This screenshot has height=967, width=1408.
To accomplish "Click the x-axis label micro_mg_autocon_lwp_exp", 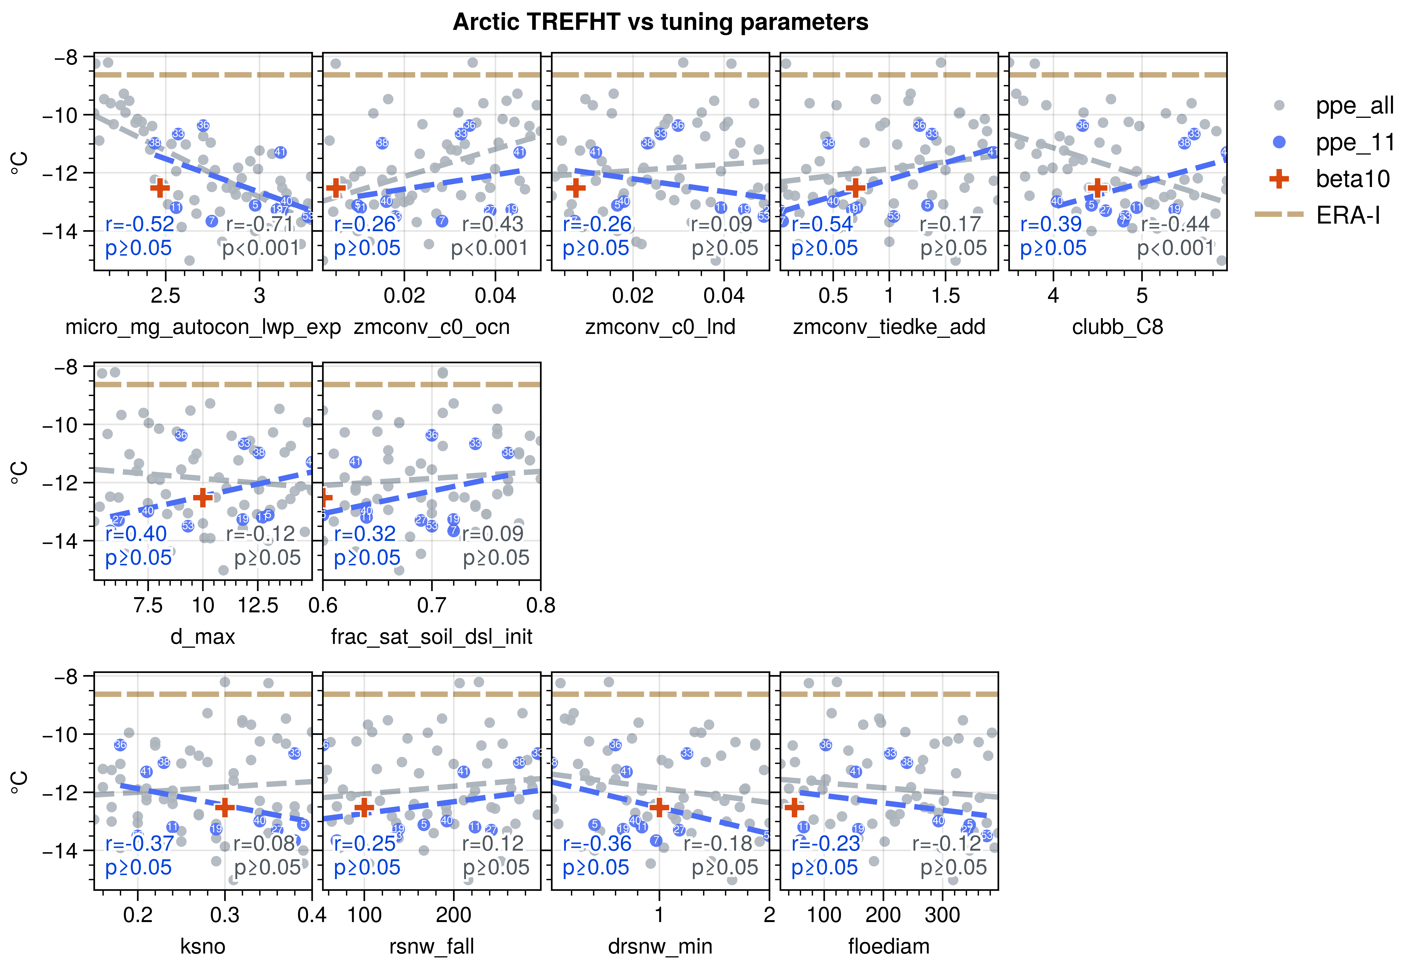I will click(x=203, y=327).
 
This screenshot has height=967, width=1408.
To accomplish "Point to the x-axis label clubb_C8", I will click(x=1117, y=327).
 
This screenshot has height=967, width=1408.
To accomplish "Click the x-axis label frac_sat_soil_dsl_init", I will click(x=432, y=637).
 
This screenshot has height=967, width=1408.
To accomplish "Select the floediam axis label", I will click(x=889, y=946).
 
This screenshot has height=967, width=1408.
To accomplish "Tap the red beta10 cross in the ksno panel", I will click(x=225, y=808).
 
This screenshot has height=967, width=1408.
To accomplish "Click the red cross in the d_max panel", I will click(x=202, y=497).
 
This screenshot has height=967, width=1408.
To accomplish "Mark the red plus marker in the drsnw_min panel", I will click(x=659, y=808).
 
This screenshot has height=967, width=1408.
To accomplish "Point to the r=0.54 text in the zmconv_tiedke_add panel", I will click(x=822, y=224).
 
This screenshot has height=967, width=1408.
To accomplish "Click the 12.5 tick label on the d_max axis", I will click(x=258, y=605).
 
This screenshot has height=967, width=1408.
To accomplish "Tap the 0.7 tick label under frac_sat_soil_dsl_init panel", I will click(x=432, y=605).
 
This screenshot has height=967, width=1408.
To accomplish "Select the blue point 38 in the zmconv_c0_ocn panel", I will click(x=382, y=143).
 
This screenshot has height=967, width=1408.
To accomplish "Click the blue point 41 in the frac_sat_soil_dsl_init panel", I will click(x=355, y=462).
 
